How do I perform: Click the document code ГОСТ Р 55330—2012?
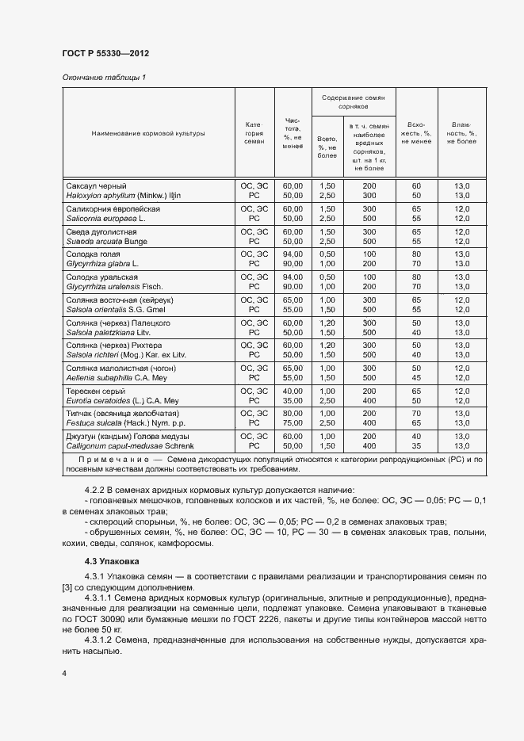105,53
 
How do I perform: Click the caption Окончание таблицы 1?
104,77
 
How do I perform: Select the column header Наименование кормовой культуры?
147,133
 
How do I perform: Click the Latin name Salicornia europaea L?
106,217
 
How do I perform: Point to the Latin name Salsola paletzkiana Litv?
110,332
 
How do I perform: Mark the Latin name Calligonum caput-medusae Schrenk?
130,447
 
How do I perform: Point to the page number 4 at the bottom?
64,673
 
